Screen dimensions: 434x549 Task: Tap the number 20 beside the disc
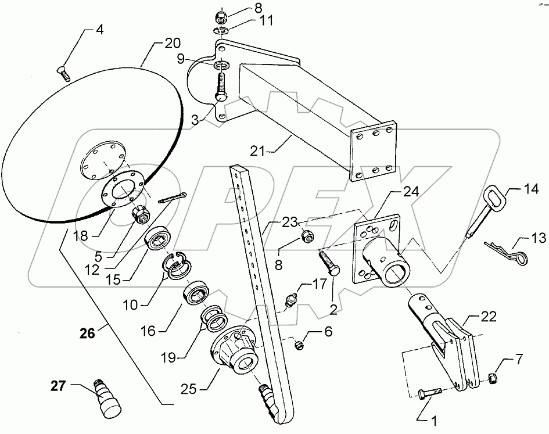pyautogui.click(x=171, y=43)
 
